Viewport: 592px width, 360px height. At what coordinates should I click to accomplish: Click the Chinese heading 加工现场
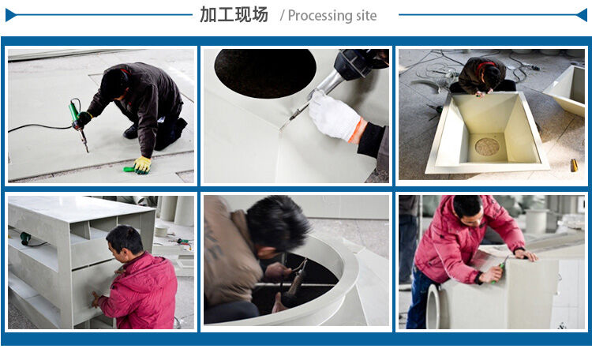point(234,14)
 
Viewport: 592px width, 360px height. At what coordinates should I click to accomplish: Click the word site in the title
point(365,16)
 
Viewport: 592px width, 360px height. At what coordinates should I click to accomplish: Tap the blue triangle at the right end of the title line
point(583,14)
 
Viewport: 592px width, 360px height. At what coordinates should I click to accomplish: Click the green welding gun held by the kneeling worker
point(77,116)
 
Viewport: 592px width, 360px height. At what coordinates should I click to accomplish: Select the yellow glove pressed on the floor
point(142,164)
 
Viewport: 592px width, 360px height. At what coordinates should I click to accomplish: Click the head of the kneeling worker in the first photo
point(114,83)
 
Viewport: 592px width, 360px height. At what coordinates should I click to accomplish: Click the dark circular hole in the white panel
point(264,73)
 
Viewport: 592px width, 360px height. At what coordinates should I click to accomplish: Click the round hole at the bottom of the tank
point(487,147)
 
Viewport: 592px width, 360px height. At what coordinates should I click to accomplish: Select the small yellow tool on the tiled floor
point(574,164)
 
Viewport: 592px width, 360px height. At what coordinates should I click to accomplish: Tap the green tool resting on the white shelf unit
point(26,238)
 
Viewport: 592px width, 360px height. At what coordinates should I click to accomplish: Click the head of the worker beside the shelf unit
point(126,241)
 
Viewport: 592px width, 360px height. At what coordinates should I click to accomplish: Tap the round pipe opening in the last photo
point(433,307)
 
